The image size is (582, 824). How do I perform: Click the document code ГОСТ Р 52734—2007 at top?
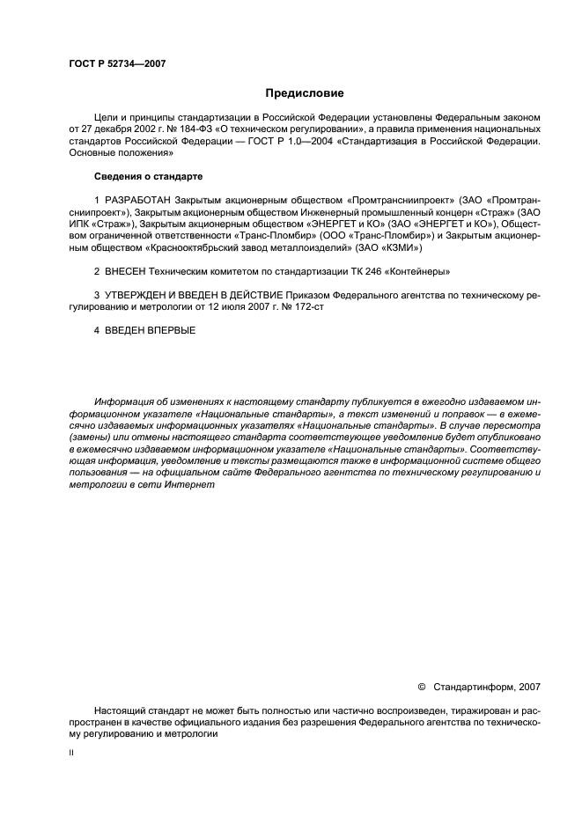coord(117,63)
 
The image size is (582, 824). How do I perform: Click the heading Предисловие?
coord(305,93)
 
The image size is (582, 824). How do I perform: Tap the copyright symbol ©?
coord(421,687)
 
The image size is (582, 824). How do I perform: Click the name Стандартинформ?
coord(475,687)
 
